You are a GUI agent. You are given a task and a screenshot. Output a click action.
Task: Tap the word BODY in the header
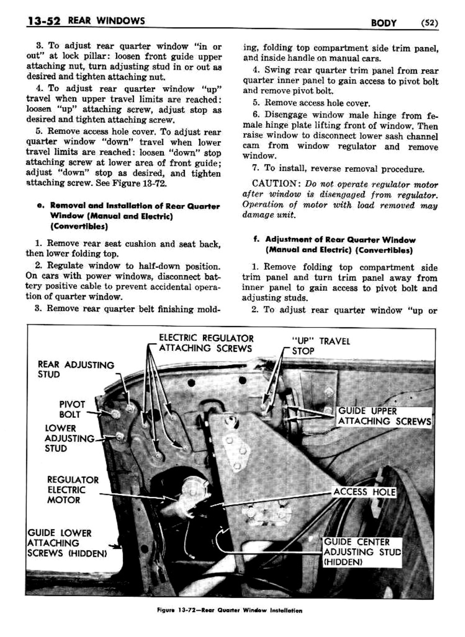(384, 23)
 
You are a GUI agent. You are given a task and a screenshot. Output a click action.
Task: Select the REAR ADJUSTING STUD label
(76, 370)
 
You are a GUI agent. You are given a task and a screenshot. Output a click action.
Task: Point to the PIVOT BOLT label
(72, 409)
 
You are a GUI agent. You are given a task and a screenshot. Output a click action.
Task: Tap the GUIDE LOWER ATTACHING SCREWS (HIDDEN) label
(66, 543)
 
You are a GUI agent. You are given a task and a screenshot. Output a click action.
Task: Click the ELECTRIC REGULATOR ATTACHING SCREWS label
(206, 343)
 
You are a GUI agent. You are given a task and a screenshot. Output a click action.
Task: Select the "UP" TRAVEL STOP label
(320, 346)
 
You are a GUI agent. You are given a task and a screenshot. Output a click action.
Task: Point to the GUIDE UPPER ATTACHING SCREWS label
(384, 416)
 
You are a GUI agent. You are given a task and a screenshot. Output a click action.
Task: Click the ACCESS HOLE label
(364, 492)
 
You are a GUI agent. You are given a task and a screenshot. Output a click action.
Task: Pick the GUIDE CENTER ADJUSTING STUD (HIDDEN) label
(362, 552)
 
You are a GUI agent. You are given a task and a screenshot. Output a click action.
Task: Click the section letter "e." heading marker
(40, 206)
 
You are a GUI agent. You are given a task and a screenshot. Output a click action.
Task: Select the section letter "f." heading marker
(257, 239)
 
